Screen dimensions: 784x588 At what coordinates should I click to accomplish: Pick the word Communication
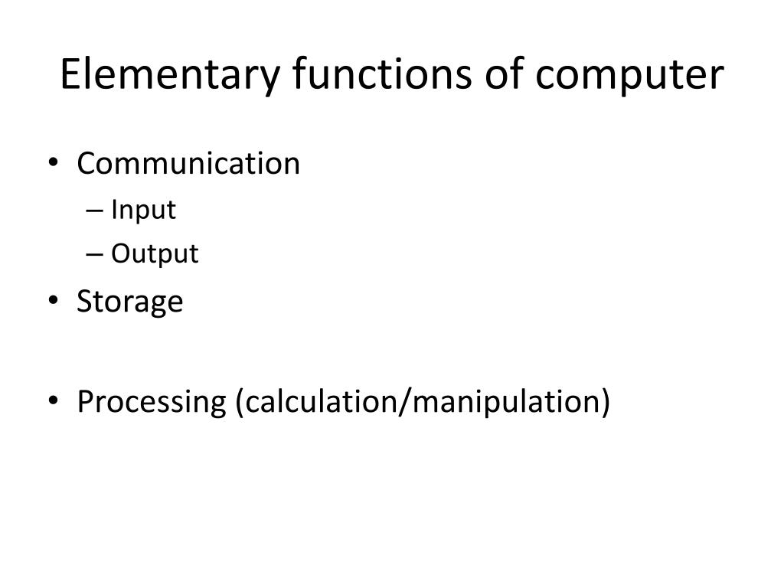(188, 163)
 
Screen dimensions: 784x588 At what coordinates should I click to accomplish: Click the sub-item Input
(143, 210)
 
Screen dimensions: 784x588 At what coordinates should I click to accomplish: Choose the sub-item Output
(155, 254)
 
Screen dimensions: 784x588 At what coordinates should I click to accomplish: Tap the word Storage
(130, 302)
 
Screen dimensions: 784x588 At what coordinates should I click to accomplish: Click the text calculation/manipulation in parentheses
(423, 401)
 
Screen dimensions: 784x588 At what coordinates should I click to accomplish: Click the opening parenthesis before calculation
(239, 402)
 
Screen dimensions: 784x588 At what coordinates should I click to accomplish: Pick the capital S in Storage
(84, 301)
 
